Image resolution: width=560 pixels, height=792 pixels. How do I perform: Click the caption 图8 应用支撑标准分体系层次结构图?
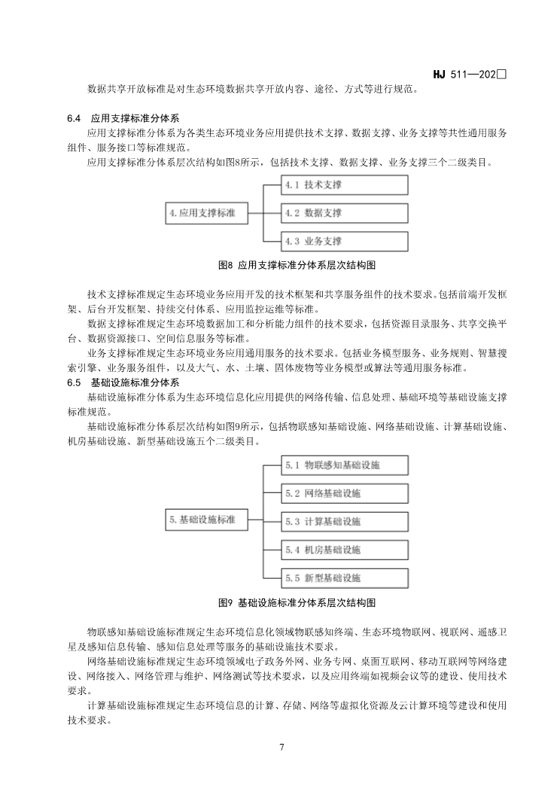296,266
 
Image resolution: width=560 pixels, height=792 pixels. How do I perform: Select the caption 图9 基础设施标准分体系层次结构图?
296,603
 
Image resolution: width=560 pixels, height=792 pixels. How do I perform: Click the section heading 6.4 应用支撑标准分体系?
123,118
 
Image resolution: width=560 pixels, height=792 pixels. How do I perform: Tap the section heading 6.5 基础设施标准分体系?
123,383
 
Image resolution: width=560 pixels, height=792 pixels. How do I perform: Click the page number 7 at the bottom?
281,748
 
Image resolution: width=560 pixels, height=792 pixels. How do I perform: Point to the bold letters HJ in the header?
440,75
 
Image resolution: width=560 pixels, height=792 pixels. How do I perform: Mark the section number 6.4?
74,118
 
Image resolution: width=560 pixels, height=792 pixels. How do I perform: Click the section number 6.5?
74,383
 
